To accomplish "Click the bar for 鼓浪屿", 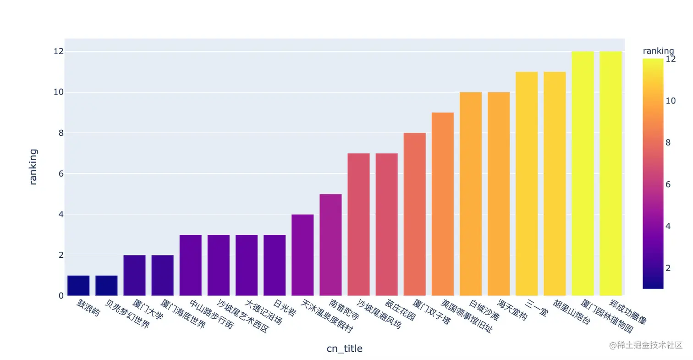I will pyautogui.click(x=78, y=285).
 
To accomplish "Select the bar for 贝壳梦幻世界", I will pyautogui.click(x=106, y=285).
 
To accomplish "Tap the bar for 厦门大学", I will pyautogui.click(x=134, y=275).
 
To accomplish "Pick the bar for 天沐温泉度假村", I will pyautogui.click(x=302, y=255).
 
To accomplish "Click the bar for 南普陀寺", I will pyautogui.click(x=330, y=245).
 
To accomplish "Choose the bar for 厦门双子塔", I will pyautogui.click(x=414, y=214).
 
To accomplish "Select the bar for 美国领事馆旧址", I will pyautogui.click(x=443, y=204).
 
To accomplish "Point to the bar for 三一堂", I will pyautogui.click(x=527, y=183).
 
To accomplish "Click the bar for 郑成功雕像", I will pyautogui.click(x=610, y=173).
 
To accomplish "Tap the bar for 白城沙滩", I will pyautogui.click(x=471, y=194).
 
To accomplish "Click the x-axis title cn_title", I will pyautogui.click(x=344, y=349).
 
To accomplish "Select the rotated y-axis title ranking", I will pyautogui.click(x=33, y=166).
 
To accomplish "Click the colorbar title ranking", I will pyautogui.click(x=658, y=50).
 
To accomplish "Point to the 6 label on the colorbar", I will pyautogui.click(x=668, y=184).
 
